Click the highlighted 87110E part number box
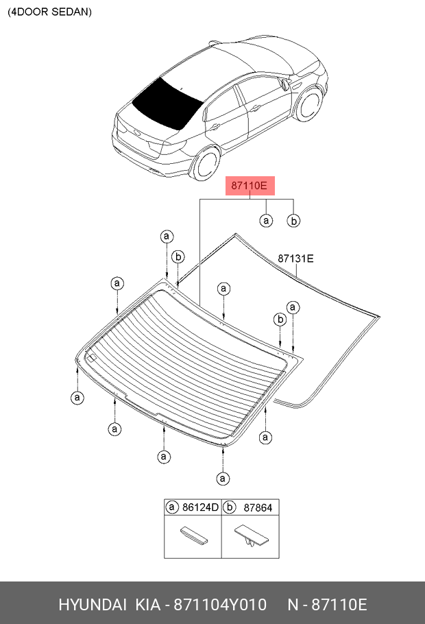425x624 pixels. [x=251, y=186]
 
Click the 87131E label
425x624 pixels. [x=295, y=259]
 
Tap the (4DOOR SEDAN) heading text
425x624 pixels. [x=49, y=12]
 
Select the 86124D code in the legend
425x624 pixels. [x=200, y=507]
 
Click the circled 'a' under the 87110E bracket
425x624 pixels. [x=266, y=220]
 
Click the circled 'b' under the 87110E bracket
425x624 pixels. [x=293, y=220]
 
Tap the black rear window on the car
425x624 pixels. [x=167, y=104]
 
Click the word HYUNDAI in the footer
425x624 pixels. [x=93, y=605]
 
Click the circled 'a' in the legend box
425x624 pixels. [x=173, y=507]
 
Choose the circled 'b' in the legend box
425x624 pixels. [x=231, y=507]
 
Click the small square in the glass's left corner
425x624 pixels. [x=91, y=357]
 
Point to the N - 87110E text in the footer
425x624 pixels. [x=328, y=605]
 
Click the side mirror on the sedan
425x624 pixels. [x=283, y=84]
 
